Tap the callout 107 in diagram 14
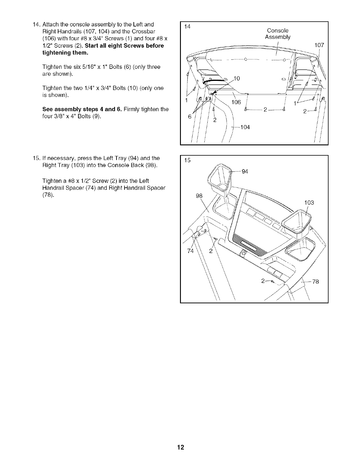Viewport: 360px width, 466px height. point(319,45)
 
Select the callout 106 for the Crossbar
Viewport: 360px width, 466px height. point(236,102)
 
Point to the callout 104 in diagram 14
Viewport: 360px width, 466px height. point(245,127)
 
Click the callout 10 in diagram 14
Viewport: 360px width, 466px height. point(236,78)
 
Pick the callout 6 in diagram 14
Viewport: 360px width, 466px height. point(190,116)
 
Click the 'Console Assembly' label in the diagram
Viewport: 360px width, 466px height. point(278,34)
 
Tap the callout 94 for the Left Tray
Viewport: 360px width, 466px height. point(245,172)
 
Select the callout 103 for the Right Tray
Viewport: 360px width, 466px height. point(309,203)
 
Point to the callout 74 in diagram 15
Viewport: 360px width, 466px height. point(191,251)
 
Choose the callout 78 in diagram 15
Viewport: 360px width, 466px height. point(316,282)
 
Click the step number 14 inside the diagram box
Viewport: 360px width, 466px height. point(187,27)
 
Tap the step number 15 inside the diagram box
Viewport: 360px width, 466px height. point(187,160)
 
